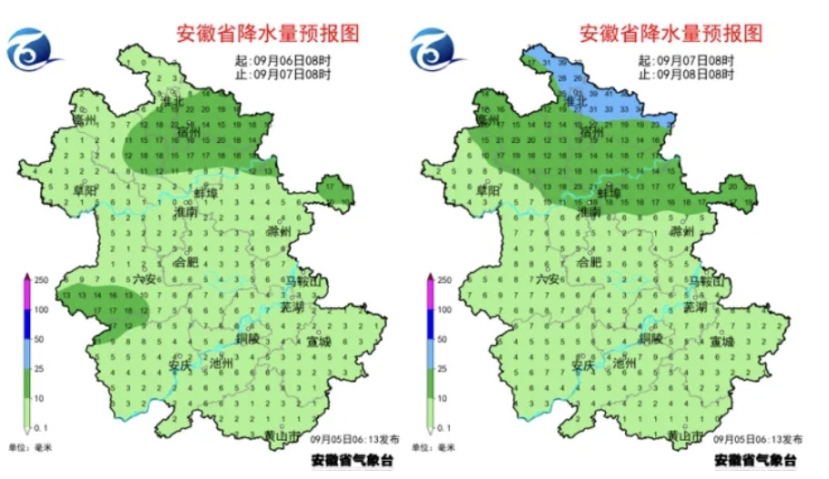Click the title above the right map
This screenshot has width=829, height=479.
670,34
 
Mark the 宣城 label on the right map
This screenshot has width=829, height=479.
722,341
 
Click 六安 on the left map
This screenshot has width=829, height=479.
145,280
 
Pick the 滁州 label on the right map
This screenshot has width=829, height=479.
682,232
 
